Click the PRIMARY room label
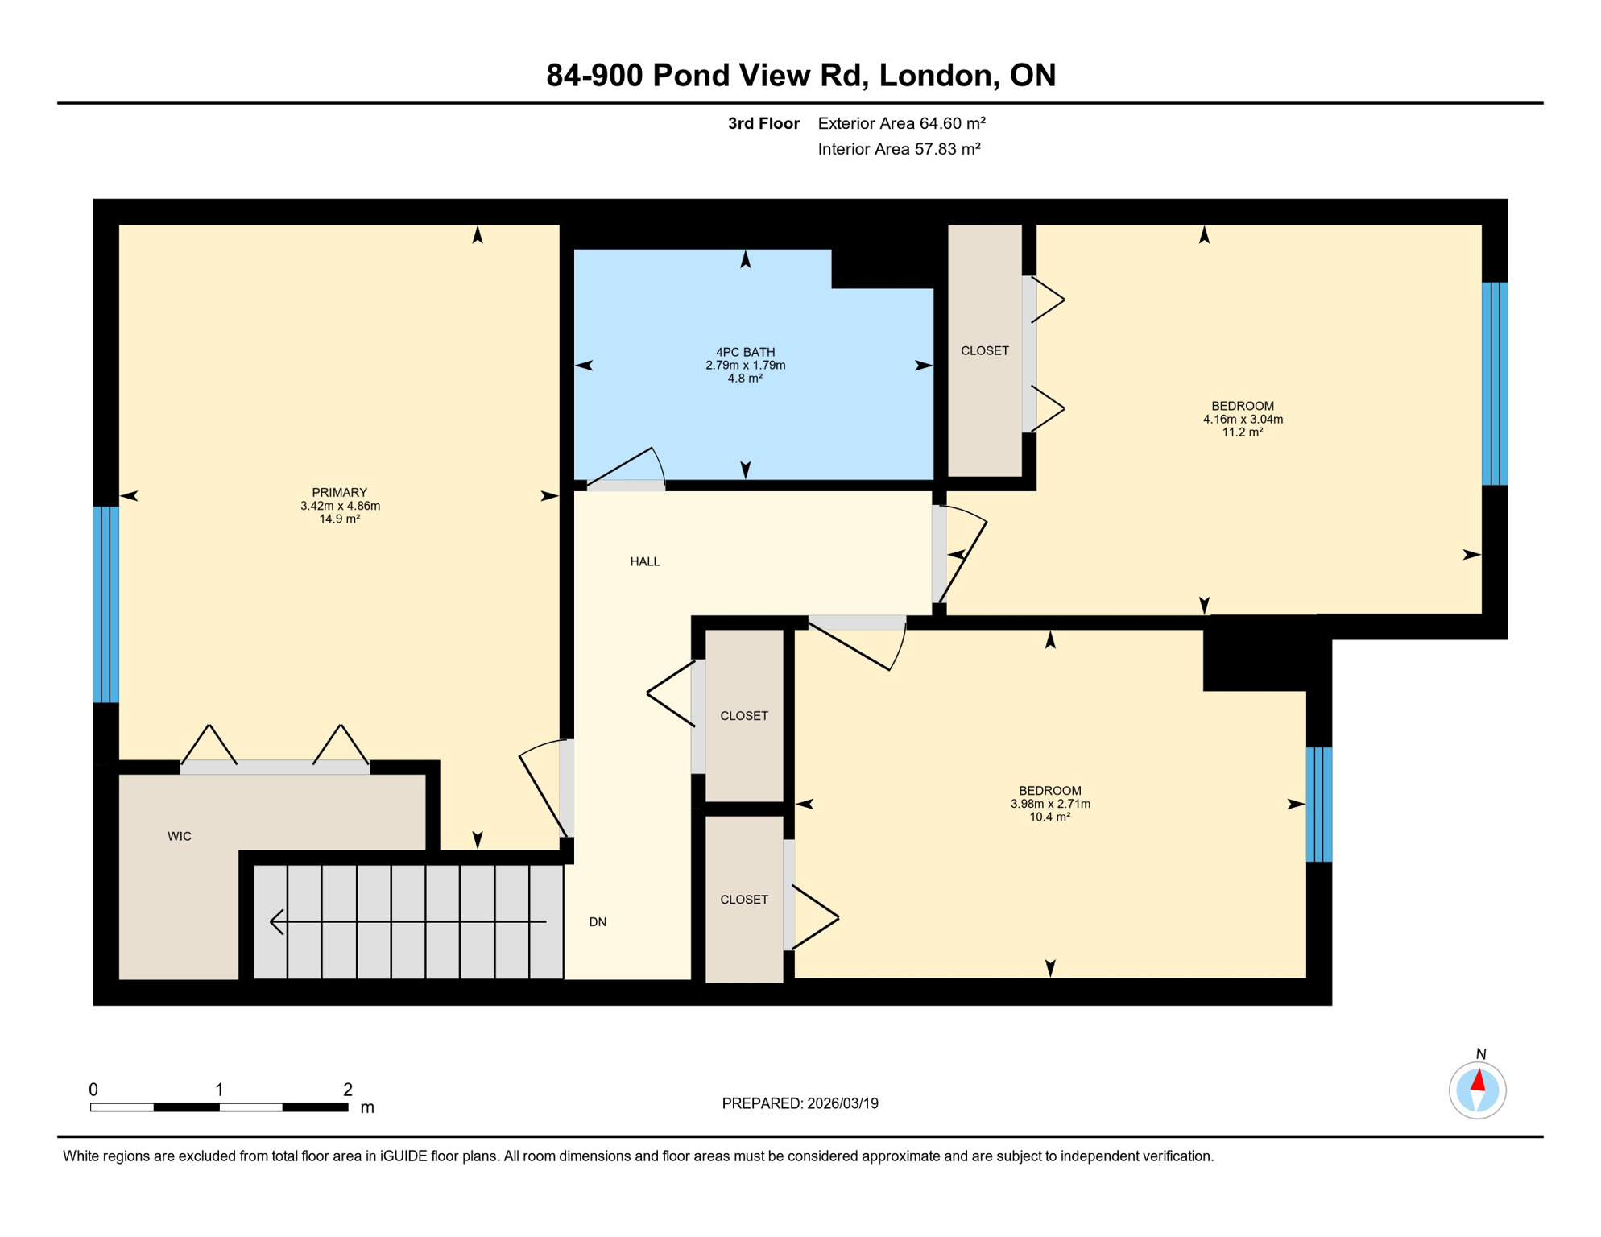tap(339, 492)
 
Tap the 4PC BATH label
tap(745, 352)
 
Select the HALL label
tap(644, 561)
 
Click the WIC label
tap(179, 836)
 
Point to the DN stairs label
tap(597, 922)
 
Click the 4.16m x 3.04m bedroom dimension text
tap(1242, 419)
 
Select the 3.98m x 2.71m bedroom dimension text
tap(1049, 804)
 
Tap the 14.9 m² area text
tap(339, 519)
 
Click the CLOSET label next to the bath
tap(984, 350)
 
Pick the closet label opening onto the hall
tap(743, 715)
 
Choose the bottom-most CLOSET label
tap(743, 900)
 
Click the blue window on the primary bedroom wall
tap(106, 604)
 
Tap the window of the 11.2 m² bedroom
tap(1494, 383)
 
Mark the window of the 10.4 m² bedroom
tap(1318, 804)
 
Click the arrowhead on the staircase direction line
tap(276, 921)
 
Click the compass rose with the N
tap(1477, 1090)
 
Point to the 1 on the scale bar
tap(219, 1090)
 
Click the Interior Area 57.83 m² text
tap(898, 149)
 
